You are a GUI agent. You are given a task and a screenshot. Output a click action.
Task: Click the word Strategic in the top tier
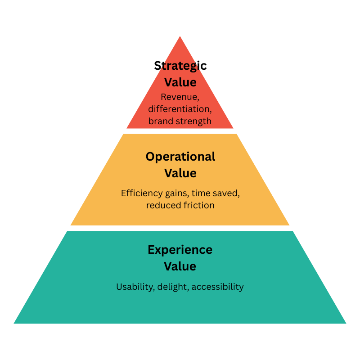point(180,66)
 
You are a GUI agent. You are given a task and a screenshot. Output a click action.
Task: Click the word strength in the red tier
point(194,121)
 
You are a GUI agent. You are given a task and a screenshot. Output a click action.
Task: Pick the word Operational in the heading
point(180,157)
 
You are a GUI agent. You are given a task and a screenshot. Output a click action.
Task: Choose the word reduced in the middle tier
point(162,205)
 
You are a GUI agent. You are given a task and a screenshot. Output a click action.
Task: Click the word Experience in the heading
point(180,250)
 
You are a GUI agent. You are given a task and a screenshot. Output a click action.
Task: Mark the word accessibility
point(217,287)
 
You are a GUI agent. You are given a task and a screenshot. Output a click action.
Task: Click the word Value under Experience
point(180,266)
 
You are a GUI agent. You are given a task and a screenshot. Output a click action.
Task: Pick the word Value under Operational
point(180,173)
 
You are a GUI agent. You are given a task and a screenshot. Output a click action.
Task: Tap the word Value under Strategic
point(180,82)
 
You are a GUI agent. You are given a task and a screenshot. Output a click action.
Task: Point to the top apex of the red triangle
point(180,36)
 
